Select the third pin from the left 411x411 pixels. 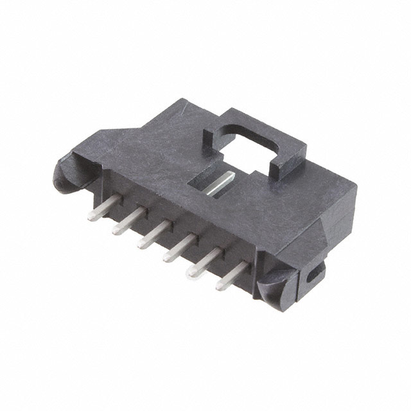pos(153,233)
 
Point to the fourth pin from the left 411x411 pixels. pos(179,247)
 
